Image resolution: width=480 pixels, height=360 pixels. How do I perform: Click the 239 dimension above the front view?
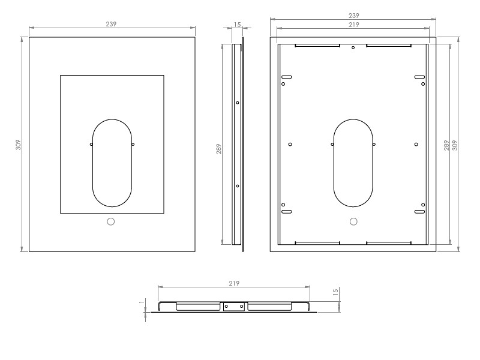[111, 24]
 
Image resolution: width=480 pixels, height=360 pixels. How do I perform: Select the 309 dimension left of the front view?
[19, 145]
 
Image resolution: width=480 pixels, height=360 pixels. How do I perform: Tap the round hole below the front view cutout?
[110, 221]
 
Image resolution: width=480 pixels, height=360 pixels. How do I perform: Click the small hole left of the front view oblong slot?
[91, 145]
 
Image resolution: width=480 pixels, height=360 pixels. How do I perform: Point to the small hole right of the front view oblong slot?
[133, 145]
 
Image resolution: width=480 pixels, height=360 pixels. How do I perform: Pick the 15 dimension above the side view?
[237, 25]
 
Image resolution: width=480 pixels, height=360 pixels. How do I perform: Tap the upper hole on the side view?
[238, 103]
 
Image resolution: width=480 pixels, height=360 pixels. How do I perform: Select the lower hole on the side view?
[238, 186]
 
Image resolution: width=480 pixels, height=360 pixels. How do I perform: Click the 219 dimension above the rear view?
[353, 25]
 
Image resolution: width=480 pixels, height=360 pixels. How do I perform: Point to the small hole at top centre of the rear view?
[353, 47]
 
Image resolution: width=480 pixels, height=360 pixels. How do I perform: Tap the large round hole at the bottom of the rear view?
[353, 221]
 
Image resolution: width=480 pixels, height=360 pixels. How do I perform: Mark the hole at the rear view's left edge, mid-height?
[290, 145]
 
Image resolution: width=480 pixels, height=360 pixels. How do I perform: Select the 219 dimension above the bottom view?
[234, 283]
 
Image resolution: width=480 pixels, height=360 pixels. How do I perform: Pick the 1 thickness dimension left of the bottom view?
[141, 303]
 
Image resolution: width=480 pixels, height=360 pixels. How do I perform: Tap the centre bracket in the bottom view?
[233, 307]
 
